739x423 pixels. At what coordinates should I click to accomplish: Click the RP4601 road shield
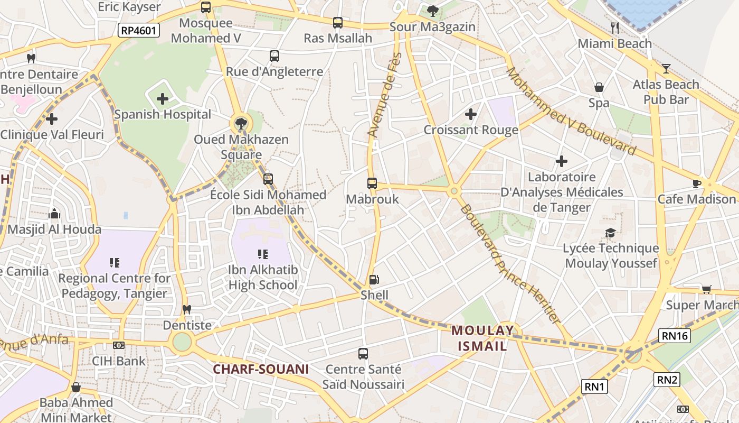139,30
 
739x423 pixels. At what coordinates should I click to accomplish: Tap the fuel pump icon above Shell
374,279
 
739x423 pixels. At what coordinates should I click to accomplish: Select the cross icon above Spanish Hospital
163,99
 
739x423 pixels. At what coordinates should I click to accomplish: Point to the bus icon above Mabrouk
372,183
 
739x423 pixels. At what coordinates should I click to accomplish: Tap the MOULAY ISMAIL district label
482,338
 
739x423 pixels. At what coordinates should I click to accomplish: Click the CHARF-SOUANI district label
260,369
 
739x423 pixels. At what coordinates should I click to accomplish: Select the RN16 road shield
675,335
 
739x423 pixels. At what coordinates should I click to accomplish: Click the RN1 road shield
594,387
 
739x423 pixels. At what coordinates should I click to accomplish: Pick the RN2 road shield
667,379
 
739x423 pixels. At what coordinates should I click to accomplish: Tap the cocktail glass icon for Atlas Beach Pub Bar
666,68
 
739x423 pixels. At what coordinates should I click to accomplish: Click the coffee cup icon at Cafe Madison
696,183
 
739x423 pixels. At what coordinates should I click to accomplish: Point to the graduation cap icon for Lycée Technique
611,233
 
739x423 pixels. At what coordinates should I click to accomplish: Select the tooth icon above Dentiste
186,309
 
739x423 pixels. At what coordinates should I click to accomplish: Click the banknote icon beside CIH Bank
119,345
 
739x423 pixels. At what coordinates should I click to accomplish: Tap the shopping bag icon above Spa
599,87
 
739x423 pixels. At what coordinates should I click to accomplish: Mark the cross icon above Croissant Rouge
470,114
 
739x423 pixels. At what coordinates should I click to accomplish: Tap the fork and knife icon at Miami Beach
614,27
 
